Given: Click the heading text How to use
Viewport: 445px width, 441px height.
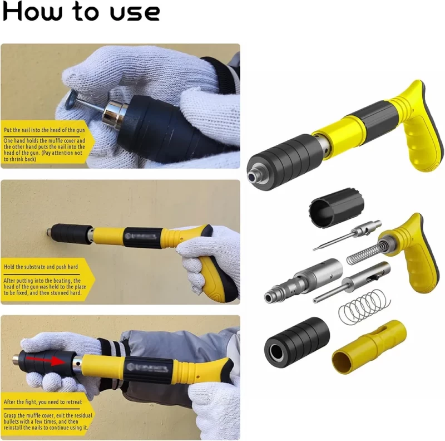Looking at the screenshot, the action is coord(81,11).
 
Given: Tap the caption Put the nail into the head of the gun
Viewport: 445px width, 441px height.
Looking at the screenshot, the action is coord(44,130).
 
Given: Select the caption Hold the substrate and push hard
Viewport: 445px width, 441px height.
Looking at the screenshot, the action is coord(41,267).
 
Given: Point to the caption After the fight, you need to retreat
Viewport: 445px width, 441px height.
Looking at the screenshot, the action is coord(43,402).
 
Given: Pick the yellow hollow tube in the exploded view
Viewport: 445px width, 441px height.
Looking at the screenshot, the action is coord(369,347).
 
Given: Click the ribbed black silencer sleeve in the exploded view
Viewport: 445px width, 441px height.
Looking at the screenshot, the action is coord(297,342).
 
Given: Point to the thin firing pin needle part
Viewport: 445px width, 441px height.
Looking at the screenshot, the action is coord(347,235).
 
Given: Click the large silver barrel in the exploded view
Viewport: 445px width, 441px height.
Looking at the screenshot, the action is coord(303,281).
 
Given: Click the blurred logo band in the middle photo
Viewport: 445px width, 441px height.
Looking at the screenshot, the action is coord(141,237).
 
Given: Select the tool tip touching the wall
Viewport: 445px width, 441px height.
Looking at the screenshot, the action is coord(50,232).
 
